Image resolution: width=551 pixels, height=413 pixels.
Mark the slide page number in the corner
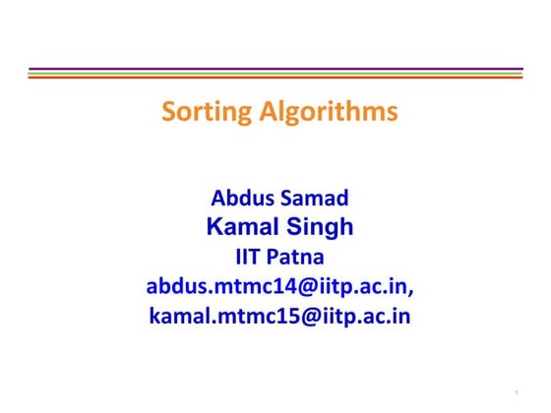click(516, 395)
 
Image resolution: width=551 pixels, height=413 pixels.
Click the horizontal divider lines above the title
click(275, 73)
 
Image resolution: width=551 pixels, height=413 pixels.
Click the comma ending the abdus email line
click(410, 291)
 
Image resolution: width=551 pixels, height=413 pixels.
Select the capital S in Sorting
click(168, 112)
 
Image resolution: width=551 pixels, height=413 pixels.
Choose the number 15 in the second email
click(276, 317)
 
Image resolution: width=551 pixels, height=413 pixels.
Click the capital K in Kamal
click(214, 228)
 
